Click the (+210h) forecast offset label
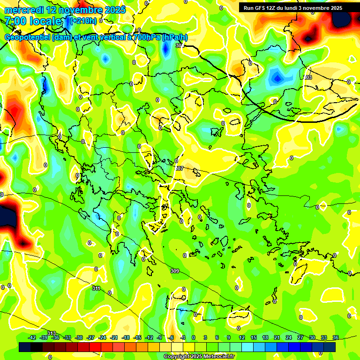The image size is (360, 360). click(83, 21)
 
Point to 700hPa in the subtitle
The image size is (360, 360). click(145, 37)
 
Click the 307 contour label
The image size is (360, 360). click(179, 168)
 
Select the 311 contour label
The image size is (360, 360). click(96, 288)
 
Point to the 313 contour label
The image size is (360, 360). click(52, 333)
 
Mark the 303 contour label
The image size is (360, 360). click(307, 77)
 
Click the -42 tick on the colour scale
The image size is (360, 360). click(32, 338)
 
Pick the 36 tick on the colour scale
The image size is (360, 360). click(335, 338)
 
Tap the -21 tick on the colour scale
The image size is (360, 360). click(114, 338)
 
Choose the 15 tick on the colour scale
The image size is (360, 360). click(253, 338)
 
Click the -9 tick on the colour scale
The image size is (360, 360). click(160, 338)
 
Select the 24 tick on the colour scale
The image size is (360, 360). click(289, 338)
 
